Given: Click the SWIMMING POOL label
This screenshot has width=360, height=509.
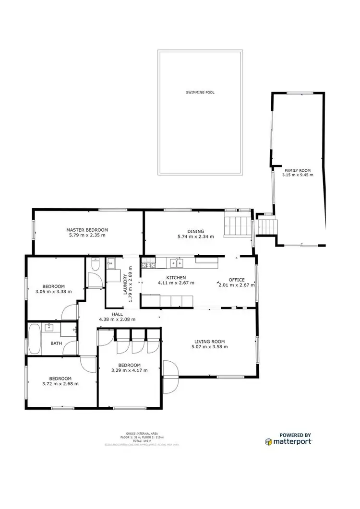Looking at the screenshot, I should (200, 92).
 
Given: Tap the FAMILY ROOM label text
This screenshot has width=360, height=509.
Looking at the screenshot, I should (298, 170).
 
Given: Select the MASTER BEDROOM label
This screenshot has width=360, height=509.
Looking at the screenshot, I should (87, 230).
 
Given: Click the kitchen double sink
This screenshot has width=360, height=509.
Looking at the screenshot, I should (177, 263).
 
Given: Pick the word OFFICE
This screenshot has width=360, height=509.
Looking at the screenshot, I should (237, 280).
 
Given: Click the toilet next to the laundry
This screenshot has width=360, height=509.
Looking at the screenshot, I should (95, 265).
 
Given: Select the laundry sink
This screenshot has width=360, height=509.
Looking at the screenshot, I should (111, 262).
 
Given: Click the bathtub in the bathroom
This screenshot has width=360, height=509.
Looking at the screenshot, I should (35, 339).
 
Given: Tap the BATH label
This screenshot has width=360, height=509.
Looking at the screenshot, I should (56, 343).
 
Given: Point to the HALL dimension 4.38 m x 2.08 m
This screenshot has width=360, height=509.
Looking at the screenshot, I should (117, 319).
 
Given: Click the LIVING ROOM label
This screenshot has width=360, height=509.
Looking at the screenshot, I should (209, 341).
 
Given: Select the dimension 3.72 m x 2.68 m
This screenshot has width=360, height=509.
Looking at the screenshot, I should (60, 383).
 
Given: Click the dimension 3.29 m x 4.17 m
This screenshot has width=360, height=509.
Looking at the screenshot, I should (129, 370).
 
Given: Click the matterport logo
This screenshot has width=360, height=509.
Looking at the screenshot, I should (288, 441).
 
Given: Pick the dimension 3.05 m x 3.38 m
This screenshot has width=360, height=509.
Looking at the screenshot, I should (54, 291).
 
